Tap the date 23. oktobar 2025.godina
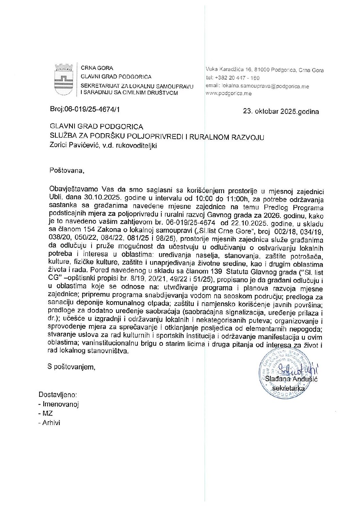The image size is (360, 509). point(281,111)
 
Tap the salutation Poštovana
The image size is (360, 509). point(66,170)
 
